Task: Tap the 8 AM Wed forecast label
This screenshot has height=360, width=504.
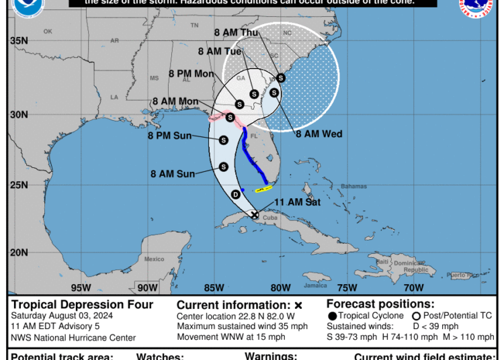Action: (x=319, y=134)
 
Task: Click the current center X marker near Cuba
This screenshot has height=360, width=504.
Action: (x=255, y=215)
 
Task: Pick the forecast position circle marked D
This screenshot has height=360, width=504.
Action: (x=235, y=194)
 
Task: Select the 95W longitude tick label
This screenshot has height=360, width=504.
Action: (x=81, y=288)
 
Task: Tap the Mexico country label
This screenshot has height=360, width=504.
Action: (x=154, y=259)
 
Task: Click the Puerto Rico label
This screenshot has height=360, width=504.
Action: (x=462, y=275)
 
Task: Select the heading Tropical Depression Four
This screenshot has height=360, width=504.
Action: (x=82, y=305)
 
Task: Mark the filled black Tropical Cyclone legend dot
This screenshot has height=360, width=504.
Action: (x=332, y=316)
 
